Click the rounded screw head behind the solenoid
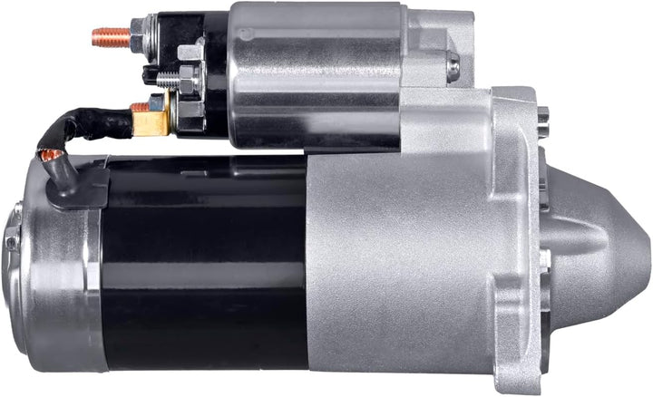click(453, 64)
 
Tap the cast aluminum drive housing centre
click(399, 263)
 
